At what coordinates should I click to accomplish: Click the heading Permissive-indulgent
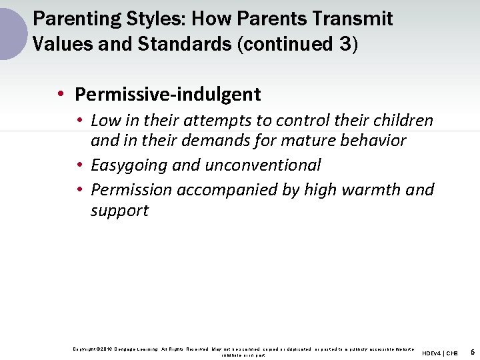[168, 95]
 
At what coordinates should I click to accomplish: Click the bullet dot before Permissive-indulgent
[61, 95]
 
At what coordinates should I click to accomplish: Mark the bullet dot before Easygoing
[79, 165]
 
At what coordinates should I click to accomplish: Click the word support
[119, 211]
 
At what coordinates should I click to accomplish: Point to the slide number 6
[472, 351]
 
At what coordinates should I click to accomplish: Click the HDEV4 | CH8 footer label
[440, 353]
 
